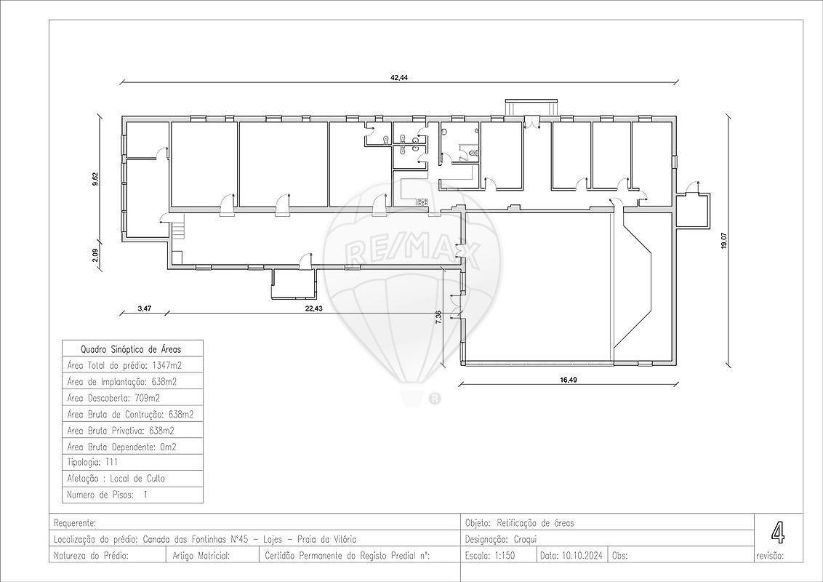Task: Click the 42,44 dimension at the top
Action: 398,77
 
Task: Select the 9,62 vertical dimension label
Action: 95,179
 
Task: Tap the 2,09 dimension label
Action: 95,255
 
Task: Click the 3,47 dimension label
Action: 144,308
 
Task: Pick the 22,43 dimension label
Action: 314,308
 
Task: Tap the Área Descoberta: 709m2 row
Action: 113,397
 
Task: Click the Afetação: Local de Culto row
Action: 116,479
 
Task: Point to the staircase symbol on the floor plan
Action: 179,231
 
